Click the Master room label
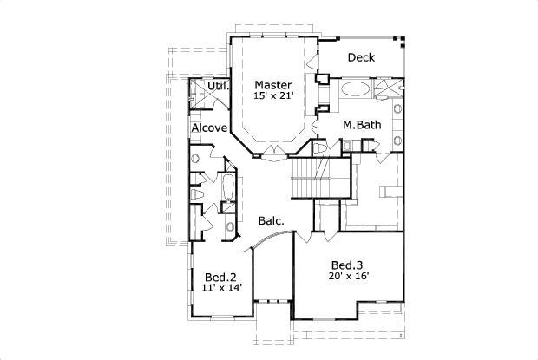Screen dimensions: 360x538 click(273, 85)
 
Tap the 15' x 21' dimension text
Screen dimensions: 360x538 click(273, 97)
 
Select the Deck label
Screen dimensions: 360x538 click(361, 58)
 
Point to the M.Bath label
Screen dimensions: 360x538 click(361, 125)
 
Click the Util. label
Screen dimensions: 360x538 click(218, 86)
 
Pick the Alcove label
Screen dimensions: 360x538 click(209, 128)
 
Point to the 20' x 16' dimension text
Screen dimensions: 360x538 click(350, 276)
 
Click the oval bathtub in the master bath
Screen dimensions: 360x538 click(354, 89)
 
